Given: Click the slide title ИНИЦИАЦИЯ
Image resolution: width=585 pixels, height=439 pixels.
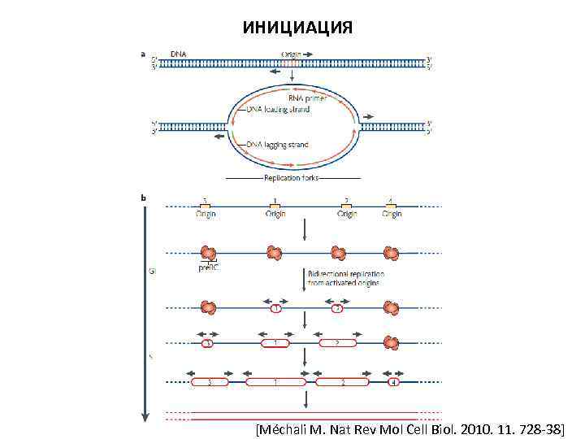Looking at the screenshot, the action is pyautogui.click(x=297, y=28).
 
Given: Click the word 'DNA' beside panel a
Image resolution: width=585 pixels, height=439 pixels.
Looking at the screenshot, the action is pyautogui.click(x=178, y=54).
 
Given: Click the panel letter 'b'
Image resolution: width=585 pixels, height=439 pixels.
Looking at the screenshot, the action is pyautogui.click(x=144, y=197).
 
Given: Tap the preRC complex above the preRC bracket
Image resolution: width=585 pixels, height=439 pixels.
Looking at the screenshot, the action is pyautogui.click(x=208, y=252).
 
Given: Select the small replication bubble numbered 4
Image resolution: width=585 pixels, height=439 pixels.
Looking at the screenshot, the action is pyautogui.click(x=393, y=382).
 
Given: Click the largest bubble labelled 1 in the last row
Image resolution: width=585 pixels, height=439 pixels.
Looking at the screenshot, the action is pyautogui.click(x=276, y=382).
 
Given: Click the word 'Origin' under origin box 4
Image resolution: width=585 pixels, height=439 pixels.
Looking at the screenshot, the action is pyautogui.click(x=392, y=215).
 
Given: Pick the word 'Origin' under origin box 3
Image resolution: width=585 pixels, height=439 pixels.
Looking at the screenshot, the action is pyautogui.click(x=206, y=215).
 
